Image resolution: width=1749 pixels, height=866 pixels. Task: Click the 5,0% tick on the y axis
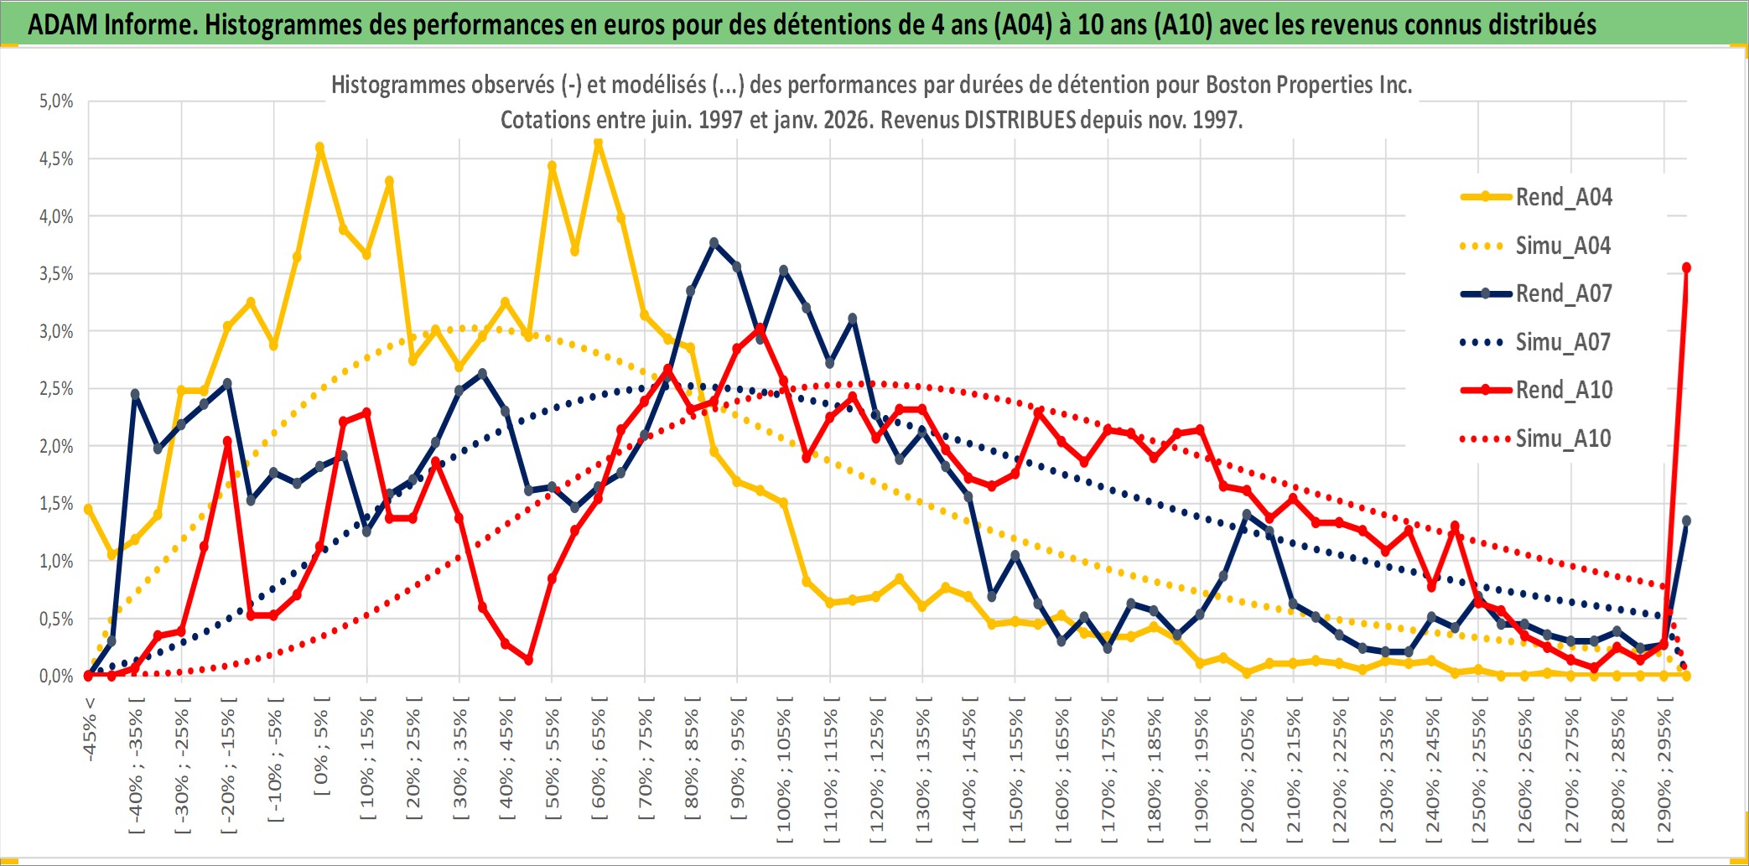click(x=56, y=101)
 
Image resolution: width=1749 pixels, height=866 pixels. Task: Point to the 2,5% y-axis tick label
click(x=56, y=389)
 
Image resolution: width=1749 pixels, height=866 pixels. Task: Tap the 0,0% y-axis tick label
click(x=56, y=676)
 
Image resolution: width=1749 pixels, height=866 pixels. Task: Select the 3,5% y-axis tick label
click(x=56, y=274)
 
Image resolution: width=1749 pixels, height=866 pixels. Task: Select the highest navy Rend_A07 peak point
click(x=714, y=243)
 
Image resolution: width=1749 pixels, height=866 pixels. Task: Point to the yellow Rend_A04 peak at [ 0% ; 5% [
click(x=319, y=148)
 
